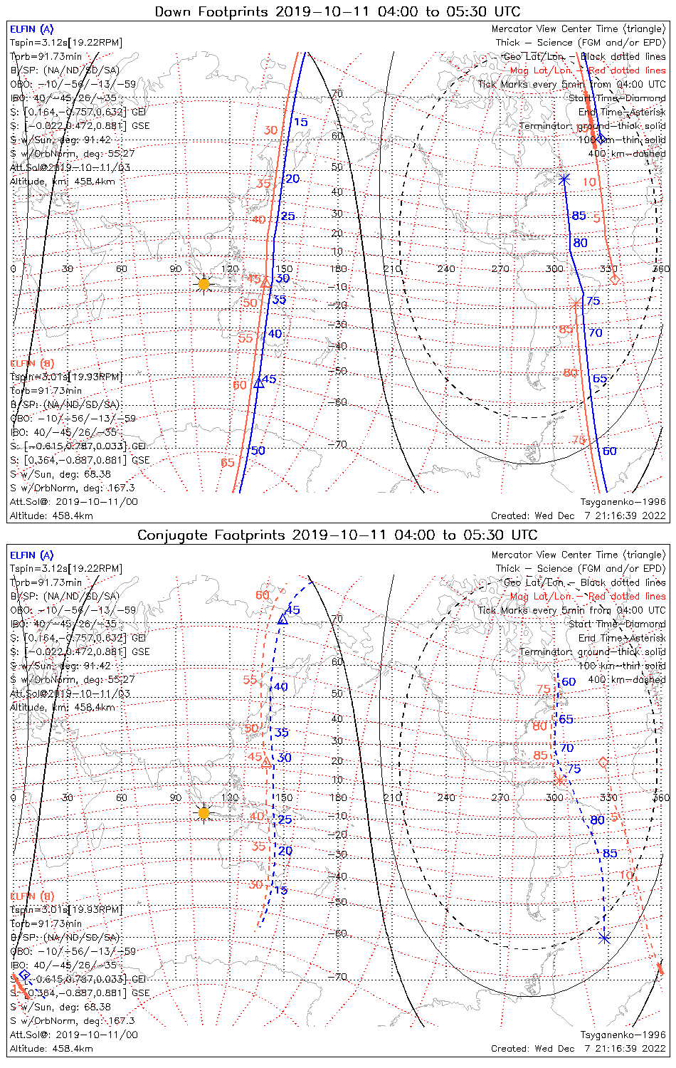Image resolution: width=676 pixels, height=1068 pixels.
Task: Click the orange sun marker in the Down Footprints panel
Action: coord(204,284)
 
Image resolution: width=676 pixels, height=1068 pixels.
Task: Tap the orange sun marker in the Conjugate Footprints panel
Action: coord(204,812)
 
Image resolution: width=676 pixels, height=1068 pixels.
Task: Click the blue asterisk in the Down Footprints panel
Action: coord(564,179)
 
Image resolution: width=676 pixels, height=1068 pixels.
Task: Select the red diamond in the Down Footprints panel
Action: coord(615,279)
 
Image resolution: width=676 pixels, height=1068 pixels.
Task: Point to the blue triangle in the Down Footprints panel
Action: coord(259,382)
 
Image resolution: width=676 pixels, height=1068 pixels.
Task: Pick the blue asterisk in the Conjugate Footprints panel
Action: coord(604,938)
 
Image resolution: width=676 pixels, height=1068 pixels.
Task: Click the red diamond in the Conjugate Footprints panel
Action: coord(604,763)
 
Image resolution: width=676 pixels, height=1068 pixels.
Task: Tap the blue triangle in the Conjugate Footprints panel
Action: coord(282,619)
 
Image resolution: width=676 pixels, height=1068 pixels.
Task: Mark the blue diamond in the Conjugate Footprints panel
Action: coord(25,975)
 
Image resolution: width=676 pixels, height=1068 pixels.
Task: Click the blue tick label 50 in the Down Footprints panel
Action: coord(258,451)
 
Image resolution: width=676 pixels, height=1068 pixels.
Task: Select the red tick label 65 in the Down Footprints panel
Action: coord(227,463)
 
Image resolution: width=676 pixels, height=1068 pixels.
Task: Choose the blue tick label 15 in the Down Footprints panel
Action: coord(301,122)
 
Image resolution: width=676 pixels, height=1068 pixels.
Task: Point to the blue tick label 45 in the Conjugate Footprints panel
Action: coord(292,610)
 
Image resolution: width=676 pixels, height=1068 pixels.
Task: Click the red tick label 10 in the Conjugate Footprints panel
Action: coord(626,875)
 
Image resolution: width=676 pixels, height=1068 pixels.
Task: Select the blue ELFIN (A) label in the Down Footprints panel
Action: coord(31,29)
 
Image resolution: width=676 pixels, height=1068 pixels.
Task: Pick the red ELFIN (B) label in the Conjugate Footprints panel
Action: coord(32,896)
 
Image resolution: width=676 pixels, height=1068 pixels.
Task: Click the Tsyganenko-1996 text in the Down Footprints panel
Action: coord(623,502)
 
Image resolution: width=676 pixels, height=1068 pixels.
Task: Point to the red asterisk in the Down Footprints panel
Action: coord(575,304)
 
